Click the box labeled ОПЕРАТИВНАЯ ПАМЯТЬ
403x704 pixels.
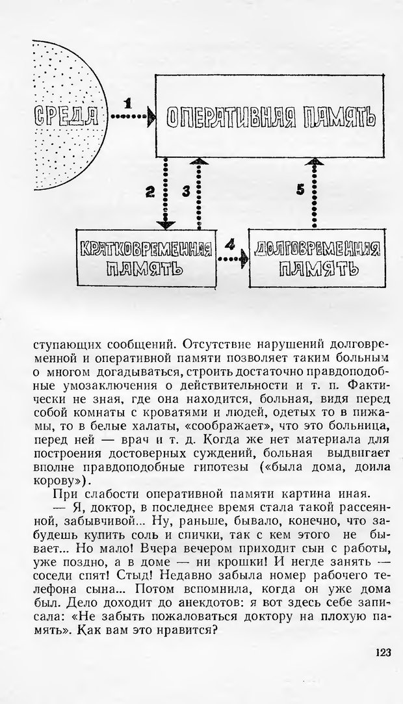pyautogui.click(x=271, y=117)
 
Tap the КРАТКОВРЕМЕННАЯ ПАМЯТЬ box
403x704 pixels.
pyautogui.click(x=147, y=257)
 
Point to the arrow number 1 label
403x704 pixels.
pyautogui.click(x=128, y=103)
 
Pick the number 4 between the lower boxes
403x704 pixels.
pyautogui.click(x=229, y=245)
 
